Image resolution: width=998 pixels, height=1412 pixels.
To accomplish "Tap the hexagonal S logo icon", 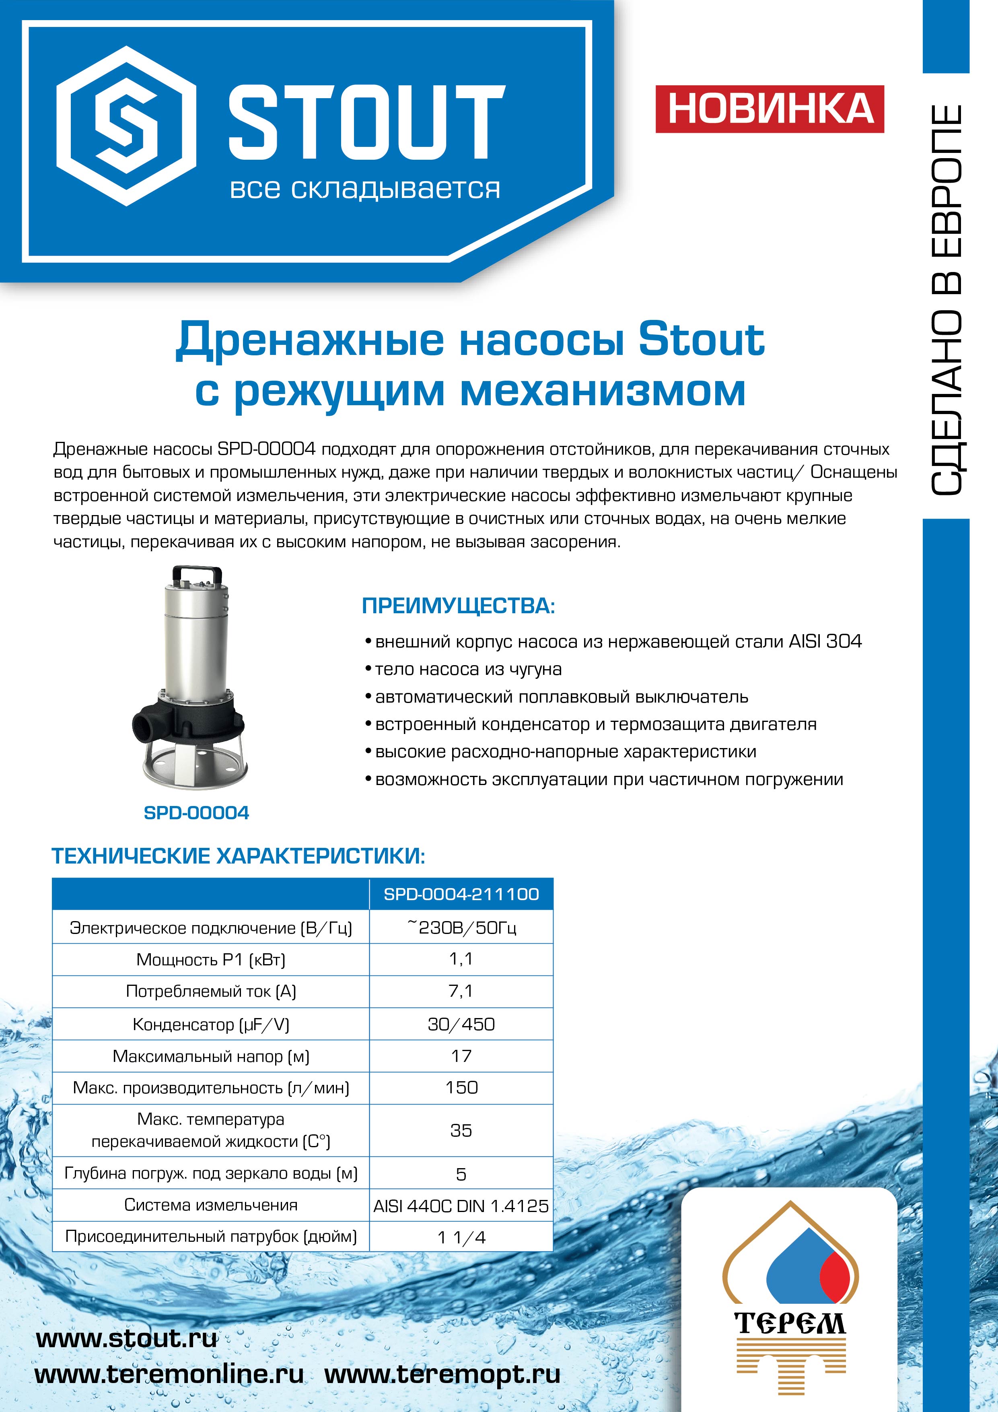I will point(126,126).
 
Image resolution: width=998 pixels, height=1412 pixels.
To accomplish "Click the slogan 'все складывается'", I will point(364,189).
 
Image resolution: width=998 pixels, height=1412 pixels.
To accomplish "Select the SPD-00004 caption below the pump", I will point(196,813).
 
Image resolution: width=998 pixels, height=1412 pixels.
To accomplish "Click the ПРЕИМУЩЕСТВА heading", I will point(458,606).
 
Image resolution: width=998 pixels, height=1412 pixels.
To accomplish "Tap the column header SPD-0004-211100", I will point(461,894).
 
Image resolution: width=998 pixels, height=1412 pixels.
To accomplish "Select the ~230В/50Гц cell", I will point(461,928).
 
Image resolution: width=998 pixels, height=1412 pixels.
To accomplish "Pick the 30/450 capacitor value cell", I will point(461,1024).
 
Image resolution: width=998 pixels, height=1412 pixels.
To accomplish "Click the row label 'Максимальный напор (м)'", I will point(211,1057).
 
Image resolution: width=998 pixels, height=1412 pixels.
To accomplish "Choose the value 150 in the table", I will point(461,1088).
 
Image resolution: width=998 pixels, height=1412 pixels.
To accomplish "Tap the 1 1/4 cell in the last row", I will point(461,1237).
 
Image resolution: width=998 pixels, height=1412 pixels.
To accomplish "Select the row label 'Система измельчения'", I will point(211,1205).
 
